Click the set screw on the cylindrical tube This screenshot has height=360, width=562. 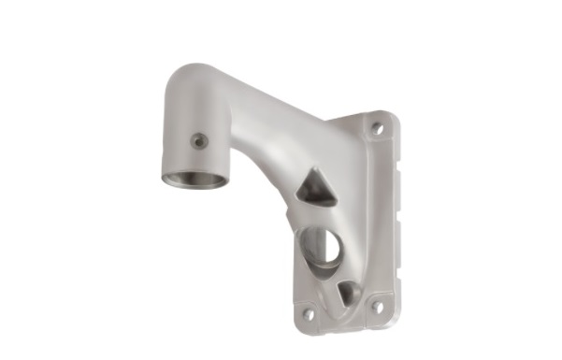pos(198,141)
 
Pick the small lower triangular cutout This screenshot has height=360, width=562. pos(347,294)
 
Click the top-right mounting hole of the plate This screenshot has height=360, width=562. pos(377,127)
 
